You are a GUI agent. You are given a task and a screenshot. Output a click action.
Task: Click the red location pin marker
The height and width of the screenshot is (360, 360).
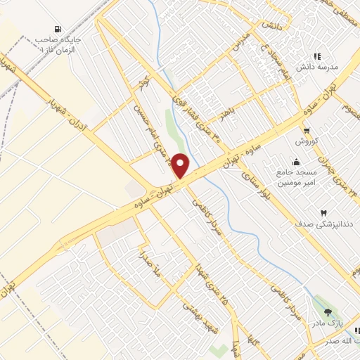coord(181,165)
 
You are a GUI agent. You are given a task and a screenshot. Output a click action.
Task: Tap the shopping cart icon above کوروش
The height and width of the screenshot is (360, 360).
coord(307,130)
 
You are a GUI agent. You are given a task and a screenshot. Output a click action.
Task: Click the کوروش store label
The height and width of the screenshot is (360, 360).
coord(307,141)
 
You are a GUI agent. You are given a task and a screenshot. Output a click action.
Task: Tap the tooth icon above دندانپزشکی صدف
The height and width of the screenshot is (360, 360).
coord(324,212)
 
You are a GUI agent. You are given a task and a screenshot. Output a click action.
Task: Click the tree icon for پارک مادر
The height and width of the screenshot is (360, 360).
coord(328,311)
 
